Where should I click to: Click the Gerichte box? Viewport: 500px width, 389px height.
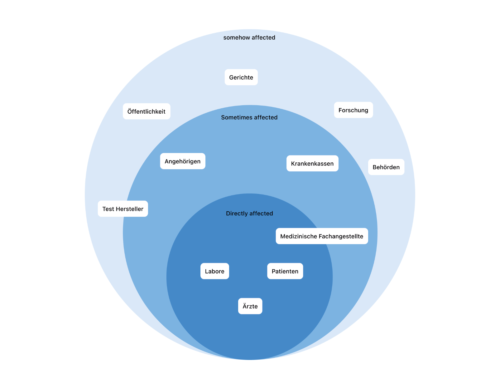241,77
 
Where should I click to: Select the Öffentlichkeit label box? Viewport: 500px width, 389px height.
146,111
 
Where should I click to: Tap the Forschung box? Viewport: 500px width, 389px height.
353,110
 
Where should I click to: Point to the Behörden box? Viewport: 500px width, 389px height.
386,167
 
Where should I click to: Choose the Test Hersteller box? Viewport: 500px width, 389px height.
123,209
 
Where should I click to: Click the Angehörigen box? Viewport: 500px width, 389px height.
182,161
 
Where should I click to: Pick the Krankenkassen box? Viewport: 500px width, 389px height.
312,163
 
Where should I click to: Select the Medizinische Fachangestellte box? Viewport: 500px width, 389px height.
322,236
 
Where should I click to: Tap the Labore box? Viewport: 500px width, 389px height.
214,271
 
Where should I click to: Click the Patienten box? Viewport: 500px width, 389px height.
285,271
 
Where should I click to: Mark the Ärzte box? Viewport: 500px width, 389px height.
250,306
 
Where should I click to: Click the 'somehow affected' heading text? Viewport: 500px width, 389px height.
249,37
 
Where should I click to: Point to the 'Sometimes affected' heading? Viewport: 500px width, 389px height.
249,117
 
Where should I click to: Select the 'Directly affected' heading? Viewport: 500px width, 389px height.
249,214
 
